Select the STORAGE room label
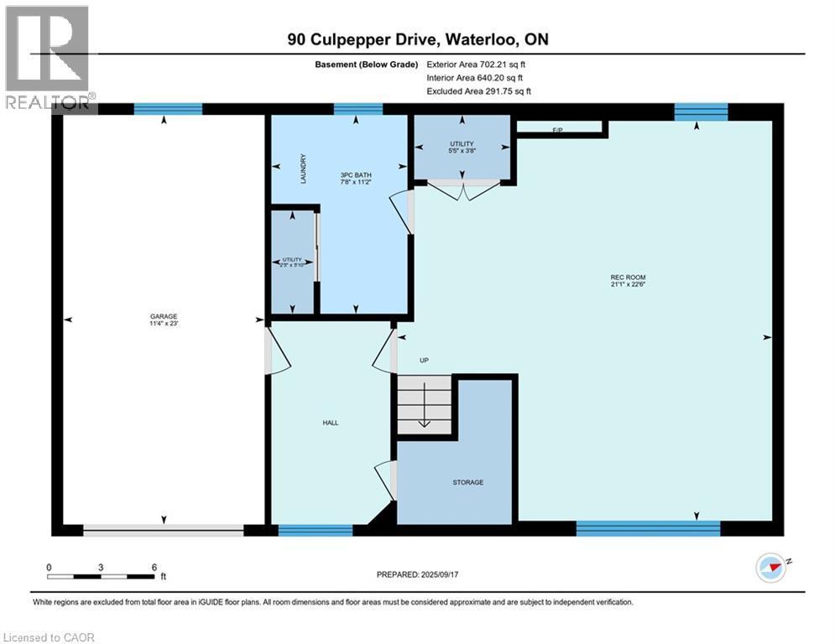[468, 482]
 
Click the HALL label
[331, 423]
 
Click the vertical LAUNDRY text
[304, 169]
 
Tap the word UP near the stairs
[425, 361]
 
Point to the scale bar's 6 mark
[154, 567]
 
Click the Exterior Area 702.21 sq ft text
[477, 64]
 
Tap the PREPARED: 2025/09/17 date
[417, 574]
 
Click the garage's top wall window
[168, 109]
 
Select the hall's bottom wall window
[315, 529]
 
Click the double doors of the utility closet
[462, 190]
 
